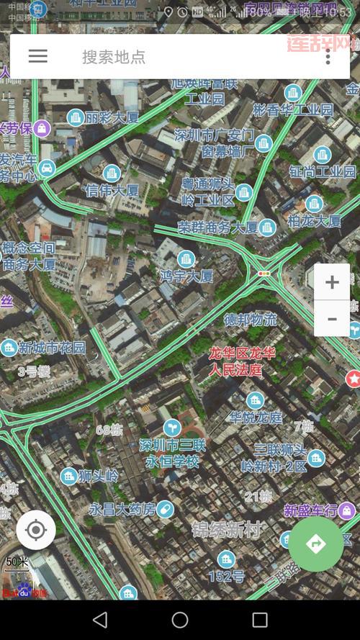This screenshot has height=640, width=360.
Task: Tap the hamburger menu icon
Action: pyautogui.click(x=37, y=56)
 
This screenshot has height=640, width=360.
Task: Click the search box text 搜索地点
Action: pyautogui.click(x=114, y=57)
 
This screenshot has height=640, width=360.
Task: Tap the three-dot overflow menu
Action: pyautogui.click(x=328, y=57)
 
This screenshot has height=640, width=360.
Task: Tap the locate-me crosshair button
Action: pyautogui.click(x=36, y=531)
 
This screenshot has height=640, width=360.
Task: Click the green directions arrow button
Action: pyautogui.click(x=316, y=544)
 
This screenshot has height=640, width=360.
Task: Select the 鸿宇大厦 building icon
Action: pyautogui.click(x=187, y=258)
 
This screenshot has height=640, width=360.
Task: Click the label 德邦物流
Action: pyautogui.click(x=251, y=319)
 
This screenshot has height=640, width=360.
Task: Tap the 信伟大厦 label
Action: pyautogui.click(x=112, y=191)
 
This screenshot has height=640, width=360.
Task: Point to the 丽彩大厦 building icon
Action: pyautogui.click(x=76, y=117)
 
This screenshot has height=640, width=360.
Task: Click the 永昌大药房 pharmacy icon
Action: pyautogui.click(x=165, y=509)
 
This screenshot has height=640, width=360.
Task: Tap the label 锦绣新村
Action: pyautogui.click(x=226, y=531)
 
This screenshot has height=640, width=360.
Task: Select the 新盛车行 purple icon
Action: pyautogui.click(x=346, y=510)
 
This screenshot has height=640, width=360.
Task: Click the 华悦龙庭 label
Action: pyautogui.click(x=256, y=418)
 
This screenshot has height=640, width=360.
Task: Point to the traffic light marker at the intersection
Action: pyautogui.click(x=264, y=274)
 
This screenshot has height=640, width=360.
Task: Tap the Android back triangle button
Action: pyautogui.click(x=100, y=620)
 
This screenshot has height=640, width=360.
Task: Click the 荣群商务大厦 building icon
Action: pyautogui.click(x=268, y=227)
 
